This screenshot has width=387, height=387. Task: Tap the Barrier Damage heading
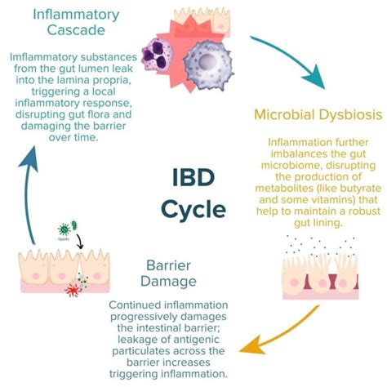pyautogui.click(x=171, y=273)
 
